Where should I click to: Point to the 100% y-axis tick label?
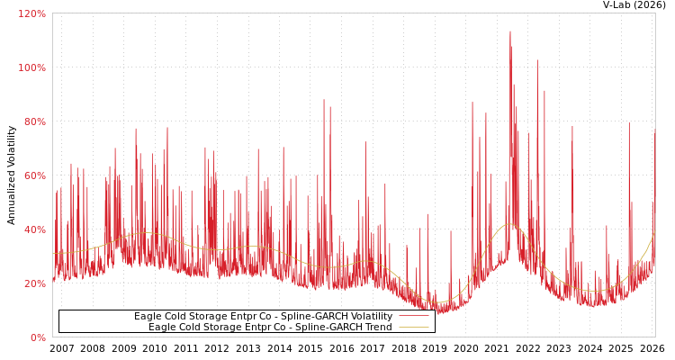(32, 68)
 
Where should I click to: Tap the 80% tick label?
(34, 122)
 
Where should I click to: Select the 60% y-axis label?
(34, 176)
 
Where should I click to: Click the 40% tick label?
(34, 230)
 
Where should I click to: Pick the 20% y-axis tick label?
(34, 284)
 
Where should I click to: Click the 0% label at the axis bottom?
(38, 338)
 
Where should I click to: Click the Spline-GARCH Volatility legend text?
(263, 317)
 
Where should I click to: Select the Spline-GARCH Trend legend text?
(270, 328)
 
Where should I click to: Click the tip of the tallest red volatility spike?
(509, 31)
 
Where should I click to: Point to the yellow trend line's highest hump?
(508, 224)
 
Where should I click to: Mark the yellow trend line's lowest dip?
(440, 302)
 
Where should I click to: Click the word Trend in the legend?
(376, 328)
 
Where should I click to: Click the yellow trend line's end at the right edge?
(654, 233)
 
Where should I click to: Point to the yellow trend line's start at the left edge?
(54, 253)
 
